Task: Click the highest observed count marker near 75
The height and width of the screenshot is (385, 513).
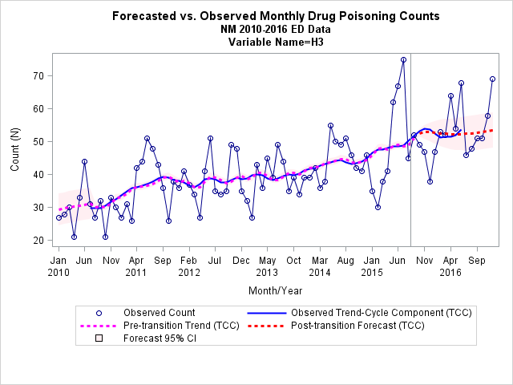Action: coord(403,60)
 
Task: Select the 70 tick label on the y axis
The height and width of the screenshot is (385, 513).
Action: coord(38,76)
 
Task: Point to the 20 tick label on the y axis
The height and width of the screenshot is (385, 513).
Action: coord(38,241)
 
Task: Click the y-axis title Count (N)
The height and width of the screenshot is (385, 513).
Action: coord(15,149)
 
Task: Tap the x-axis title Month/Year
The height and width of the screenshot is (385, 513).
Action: coord(276,290)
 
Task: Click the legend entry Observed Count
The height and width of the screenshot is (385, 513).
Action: coord(159,313)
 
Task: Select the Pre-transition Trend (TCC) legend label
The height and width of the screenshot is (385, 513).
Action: coord(181,326)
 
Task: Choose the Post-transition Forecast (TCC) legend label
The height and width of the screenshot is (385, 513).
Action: coord(357,326)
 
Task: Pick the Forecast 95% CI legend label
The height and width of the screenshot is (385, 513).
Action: coord(160,338)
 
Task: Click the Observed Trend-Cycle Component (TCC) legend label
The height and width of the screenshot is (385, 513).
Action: coord(382,313)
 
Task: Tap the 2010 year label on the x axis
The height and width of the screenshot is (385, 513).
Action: coord(59,273)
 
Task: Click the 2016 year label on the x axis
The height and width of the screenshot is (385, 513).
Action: coord(450,273)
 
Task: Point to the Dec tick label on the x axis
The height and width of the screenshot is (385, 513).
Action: coord(241,261)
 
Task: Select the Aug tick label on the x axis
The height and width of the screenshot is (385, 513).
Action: coord(345,261)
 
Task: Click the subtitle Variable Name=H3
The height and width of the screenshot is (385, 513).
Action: coord(276,43)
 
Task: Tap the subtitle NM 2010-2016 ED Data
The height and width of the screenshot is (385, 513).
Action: coord(276,29)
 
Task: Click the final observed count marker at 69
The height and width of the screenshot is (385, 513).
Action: coord(492,79)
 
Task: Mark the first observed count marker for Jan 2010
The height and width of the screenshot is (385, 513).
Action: coord(59,217)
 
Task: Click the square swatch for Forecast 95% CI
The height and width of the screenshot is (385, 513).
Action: coord(99,338)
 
